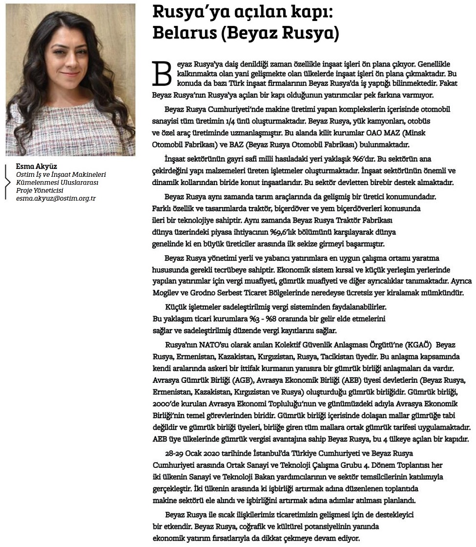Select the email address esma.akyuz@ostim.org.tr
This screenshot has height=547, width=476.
pos(56,199)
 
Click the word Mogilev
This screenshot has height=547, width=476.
pos(167,293)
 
